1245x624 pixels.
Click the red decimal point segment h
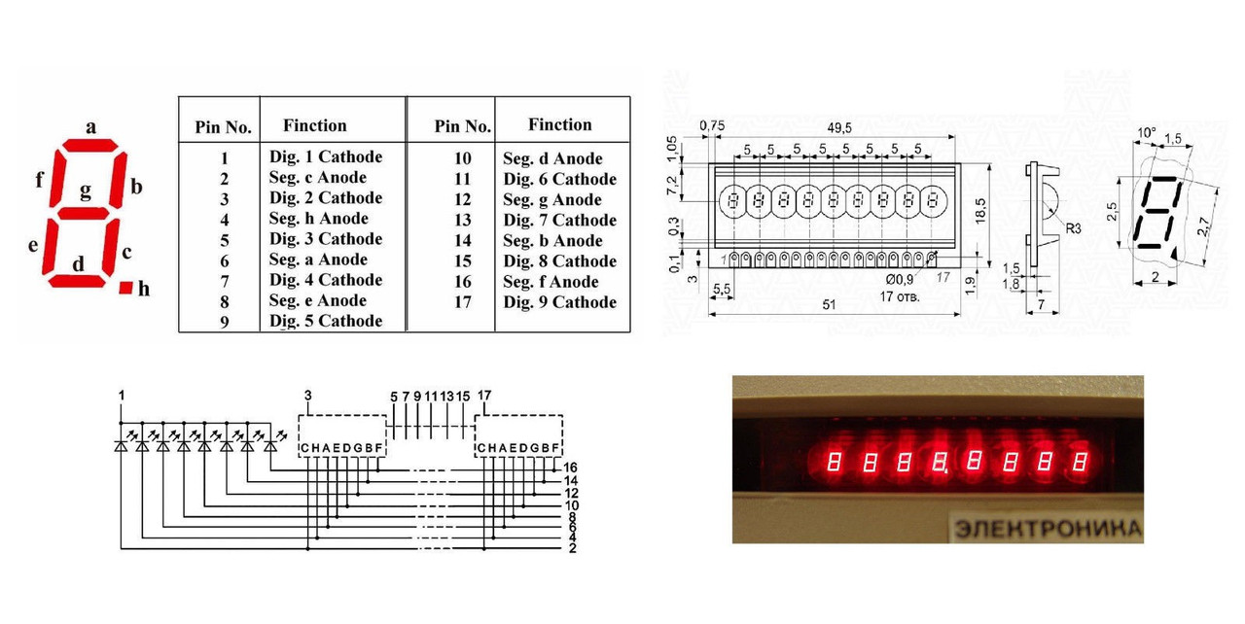pos(125,288)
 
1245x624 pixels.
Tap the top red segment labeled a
pos(90,145)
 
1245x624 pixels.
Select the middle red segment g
pos(83,213)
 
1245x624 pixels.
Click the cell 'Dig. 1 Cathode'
pos(326,156)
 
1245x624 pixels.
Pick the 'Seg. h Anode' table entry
pos(318,218)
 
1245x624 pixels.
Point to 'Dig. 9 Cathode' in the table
pos(559,302)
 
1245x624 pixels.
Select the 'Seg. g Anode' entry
pos(552,199)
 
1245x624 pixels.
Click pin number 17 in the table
pos(462,302)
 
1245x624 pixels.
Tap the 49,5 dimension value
pos(838,127)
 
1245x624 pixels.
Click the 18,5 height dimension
pos(979,211)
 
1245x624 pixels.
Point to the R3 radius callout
pos(1073,228)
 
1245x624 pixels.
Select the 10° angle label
pos(1146,133)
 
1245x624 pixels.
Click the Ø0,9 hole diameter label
pos(900,279)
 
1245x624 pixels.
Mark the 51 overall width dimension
pos(829,305)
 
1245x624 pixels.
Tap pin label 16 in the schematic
pos(570,468)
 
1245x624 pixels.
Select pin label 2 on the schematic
pos(573,548)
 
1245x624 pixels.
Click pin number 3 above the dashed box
pos(308,396)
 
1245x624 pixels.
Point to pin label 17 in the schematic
pos(484,396)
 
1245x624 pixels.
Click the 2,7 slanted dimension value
pos(1203,226)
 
